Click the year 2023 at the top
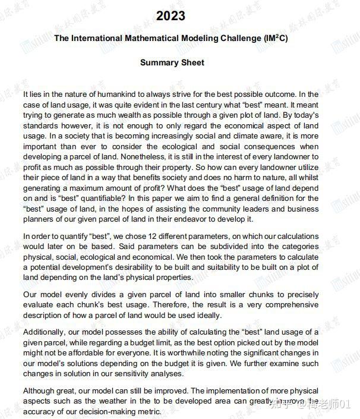(x=170, y=16)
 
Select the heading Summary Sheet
(x=172, y=62)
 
